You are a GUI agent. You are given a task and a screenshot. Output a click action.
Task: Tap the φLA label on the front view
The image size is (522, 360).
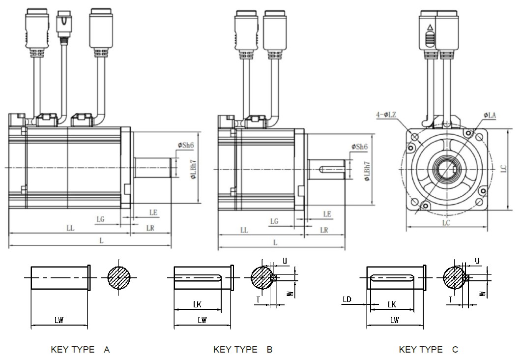click(490, 115)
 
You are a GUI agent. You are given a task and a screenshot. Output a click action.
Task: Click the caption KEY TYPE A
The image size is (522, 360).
click(80, 350)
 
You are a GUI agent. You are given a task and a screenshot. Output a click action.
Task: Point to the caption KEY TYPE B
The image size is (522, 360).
click(243, 350)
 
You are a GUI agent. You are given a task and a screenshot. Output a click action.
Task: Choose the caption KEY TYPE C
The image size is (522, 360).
click(429, 350)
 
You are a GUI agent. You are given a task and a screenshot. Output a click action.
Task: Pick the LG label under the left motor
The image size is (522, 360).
click(101, 219)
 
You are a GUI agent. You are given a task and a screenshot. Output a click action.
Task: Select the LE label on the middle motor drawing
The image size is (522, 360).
click(327, 214)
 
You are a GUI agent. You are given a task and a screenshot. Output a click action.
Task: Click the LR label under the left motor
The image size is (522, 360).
click(150, 228)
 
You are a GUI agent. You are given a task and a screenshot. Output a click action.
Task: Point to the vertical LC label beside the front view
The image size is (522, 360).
click(503, 169)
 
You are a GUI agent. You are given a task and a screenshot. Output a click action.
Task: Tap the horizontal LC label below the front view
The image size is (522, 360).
click(445, 222)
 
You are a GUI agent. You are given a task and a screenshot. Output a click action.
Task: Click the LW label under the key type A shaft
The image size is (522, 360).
click(58, 320)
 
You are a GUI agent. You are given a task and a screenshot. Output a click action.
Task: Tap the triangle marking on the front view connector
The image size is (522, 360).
click(430, 28)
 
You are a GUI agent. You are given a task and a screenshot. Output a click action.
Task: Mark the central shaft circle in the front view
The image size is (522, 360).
click(447, 168)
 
